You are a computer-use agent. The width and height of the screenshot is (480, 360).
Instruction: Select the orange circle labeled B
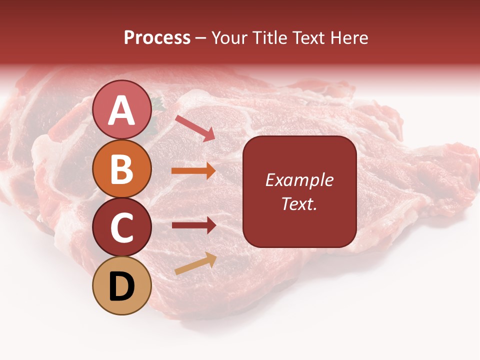pyautogui.click(x=121, y=168)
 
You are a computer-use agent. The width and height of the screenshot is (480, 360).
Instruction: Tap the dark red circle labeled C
pyautogui.click(x=121, y=227)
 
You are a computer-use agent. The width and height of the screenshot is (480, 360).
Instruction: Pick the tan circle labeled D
pyautogui.click(x=121, y=285)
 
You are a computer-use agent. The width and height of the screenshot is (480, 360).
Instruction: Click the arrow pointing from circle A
pyautogui.click(x=195, y=128)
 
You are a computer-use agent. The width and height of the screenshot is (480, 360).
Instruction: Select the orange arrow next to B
pyautogui.click(x=193, y=171)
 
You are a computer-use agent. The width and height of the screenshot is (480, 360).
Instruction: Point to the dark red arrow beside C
pyautogui.click(x=193, y=225)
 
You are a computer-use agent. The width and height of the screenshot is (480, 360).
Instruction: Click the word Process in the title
pyautogui.click(x=157, y=37)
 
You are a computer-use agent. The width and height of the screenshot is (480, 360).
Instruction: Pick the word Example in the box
pyautogui.click(x=299, y=180)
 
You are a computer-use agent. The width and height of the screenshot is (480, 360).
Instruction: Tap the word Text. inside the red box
pyautogui.click(x=299, y=203)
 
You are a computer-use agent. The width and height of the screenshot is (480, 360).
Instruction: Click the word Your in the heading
pyautogui.click(x=229, y=37)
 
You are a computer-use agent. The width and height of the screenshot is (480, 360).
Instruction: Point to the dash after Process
pyautogui.click(x=201, y=38)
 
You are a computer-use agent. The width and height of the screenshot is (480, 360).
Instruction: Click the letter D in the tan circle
pyautogui.click(x=121, y=286)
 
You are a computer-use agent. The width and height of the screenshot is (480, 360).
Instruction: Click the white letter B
pyautogui.click(x=121, y=169)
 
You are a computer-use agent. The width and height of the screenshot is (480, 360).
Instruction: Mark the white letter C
pyautogui.click(x=121, y=228)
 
